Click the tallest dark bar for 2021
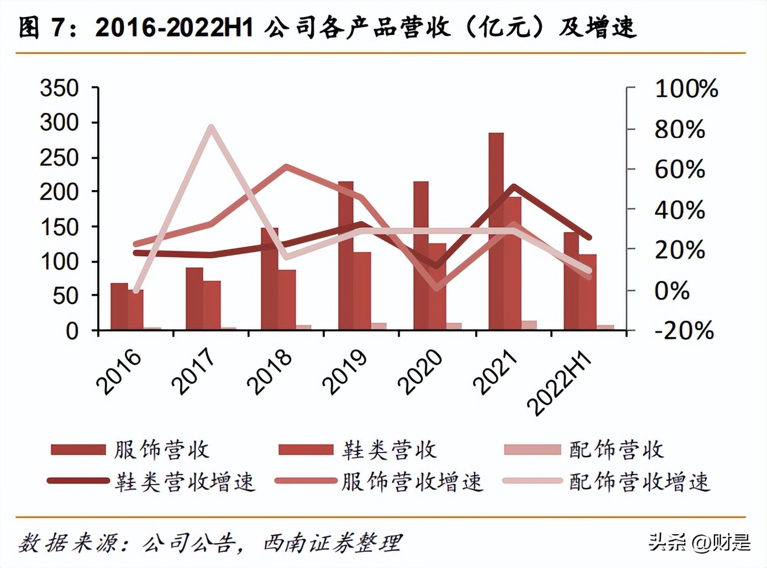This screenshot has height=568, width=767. (x=496, y=232)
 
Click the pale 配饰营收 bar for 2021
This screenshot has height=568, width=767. (x=529, y=325)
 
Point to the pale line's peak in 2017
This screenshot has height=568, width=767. (x=211, y=128)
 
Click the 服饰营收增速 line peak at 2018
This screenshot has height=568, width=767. (x=286, y=167)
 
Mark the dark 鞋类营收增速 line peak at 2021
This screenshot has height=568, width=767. (x=514, y=187)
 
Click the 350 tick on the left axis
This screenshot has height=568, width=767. (x=59, y=88)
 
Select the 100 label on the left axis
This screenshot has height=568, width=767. (x=59, y=261)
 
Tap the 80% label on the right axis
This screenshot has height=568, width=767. (x=680, y=129)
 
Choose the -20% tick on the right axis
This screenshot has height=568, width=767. (x=684, y=331)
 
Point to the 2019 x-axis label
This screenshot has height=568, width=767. (x=344, y=372)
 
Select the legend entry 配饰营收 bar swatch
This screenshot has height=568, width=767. (x=532, y=449)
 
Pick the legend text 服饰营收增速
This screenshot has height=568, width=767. (x=412, y=482)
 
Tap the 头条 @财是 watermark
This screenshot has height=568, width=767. (x=699, y=542)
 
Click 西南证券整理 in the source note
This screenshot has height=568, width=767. (x=332, y=543)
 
